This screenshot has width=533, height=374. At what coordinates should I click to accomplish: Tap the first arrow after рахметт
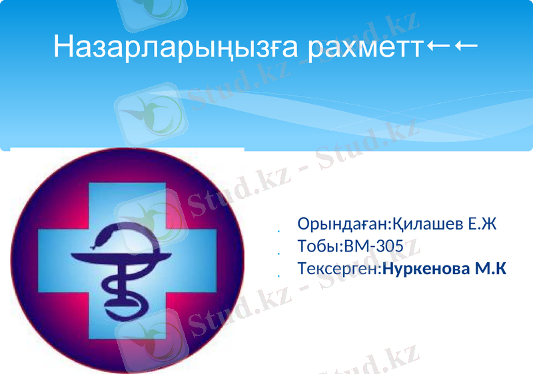pos(438,46)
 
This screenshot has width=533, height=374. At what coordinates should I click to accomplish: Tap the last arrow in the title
pos(466,46)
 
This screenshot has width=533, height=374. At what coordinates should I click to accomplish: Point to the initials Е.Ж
pos(482,224)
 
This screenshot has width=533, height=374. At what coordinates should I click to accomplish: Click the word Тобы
pos(319,247)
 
